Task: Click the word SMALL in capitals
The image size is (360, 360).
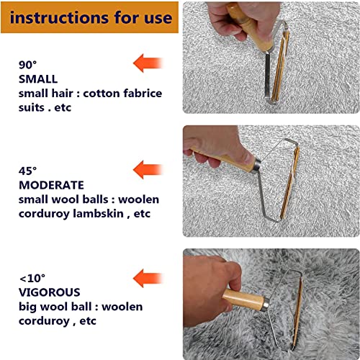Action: [38, 79]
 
